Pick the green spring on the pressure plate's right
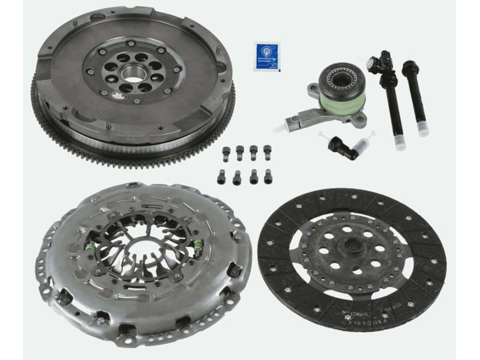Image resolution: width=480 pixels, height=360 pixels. pyautogui.click(x=197, y=244)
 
